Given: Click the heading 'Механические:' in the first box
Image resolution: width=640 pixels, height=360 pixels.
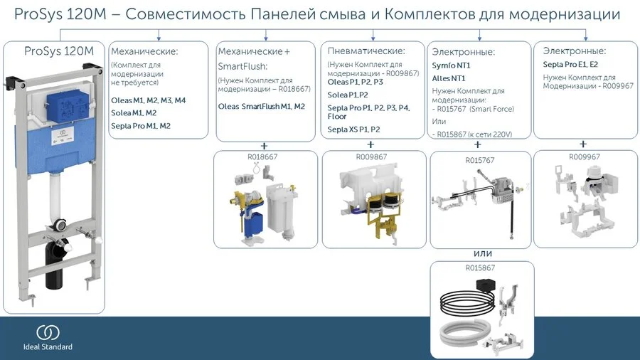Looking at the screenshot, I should (144, 51).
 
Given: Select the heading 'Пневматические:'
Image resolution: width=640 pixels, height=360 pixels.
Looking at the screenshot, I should (366, 51).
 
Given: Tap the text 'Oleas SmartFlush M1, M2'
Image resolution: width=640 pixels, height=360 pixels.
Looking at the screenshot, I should (261, 107).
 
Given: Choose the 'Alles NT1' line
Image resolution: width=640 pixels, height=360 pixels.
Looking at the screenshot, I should (449, 78).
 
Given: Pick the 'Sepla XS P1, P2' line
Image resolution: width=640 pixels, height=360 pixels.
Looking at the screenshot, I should (353, 129).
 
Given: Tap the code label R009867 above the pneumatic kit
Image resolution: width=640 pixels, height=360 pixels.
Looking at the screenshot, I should (370, 157).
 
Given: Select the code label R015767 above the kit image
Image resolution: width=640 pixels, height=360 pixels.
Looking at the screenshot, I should (480, 160).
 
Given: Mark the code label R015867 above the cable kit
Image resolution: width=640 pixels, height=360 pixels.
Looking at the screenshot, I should (480, 268).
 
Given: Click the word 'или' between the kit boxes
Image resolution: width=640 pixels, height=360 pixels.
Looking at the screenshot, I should (483, 254).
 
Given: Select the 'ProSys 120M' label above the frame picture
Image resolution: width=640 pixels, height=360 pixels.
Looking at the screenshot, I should (59, 51).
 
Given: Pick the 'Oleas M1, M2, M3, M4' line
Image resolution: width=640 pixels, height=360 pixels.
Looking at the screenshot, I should (148, 101).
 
